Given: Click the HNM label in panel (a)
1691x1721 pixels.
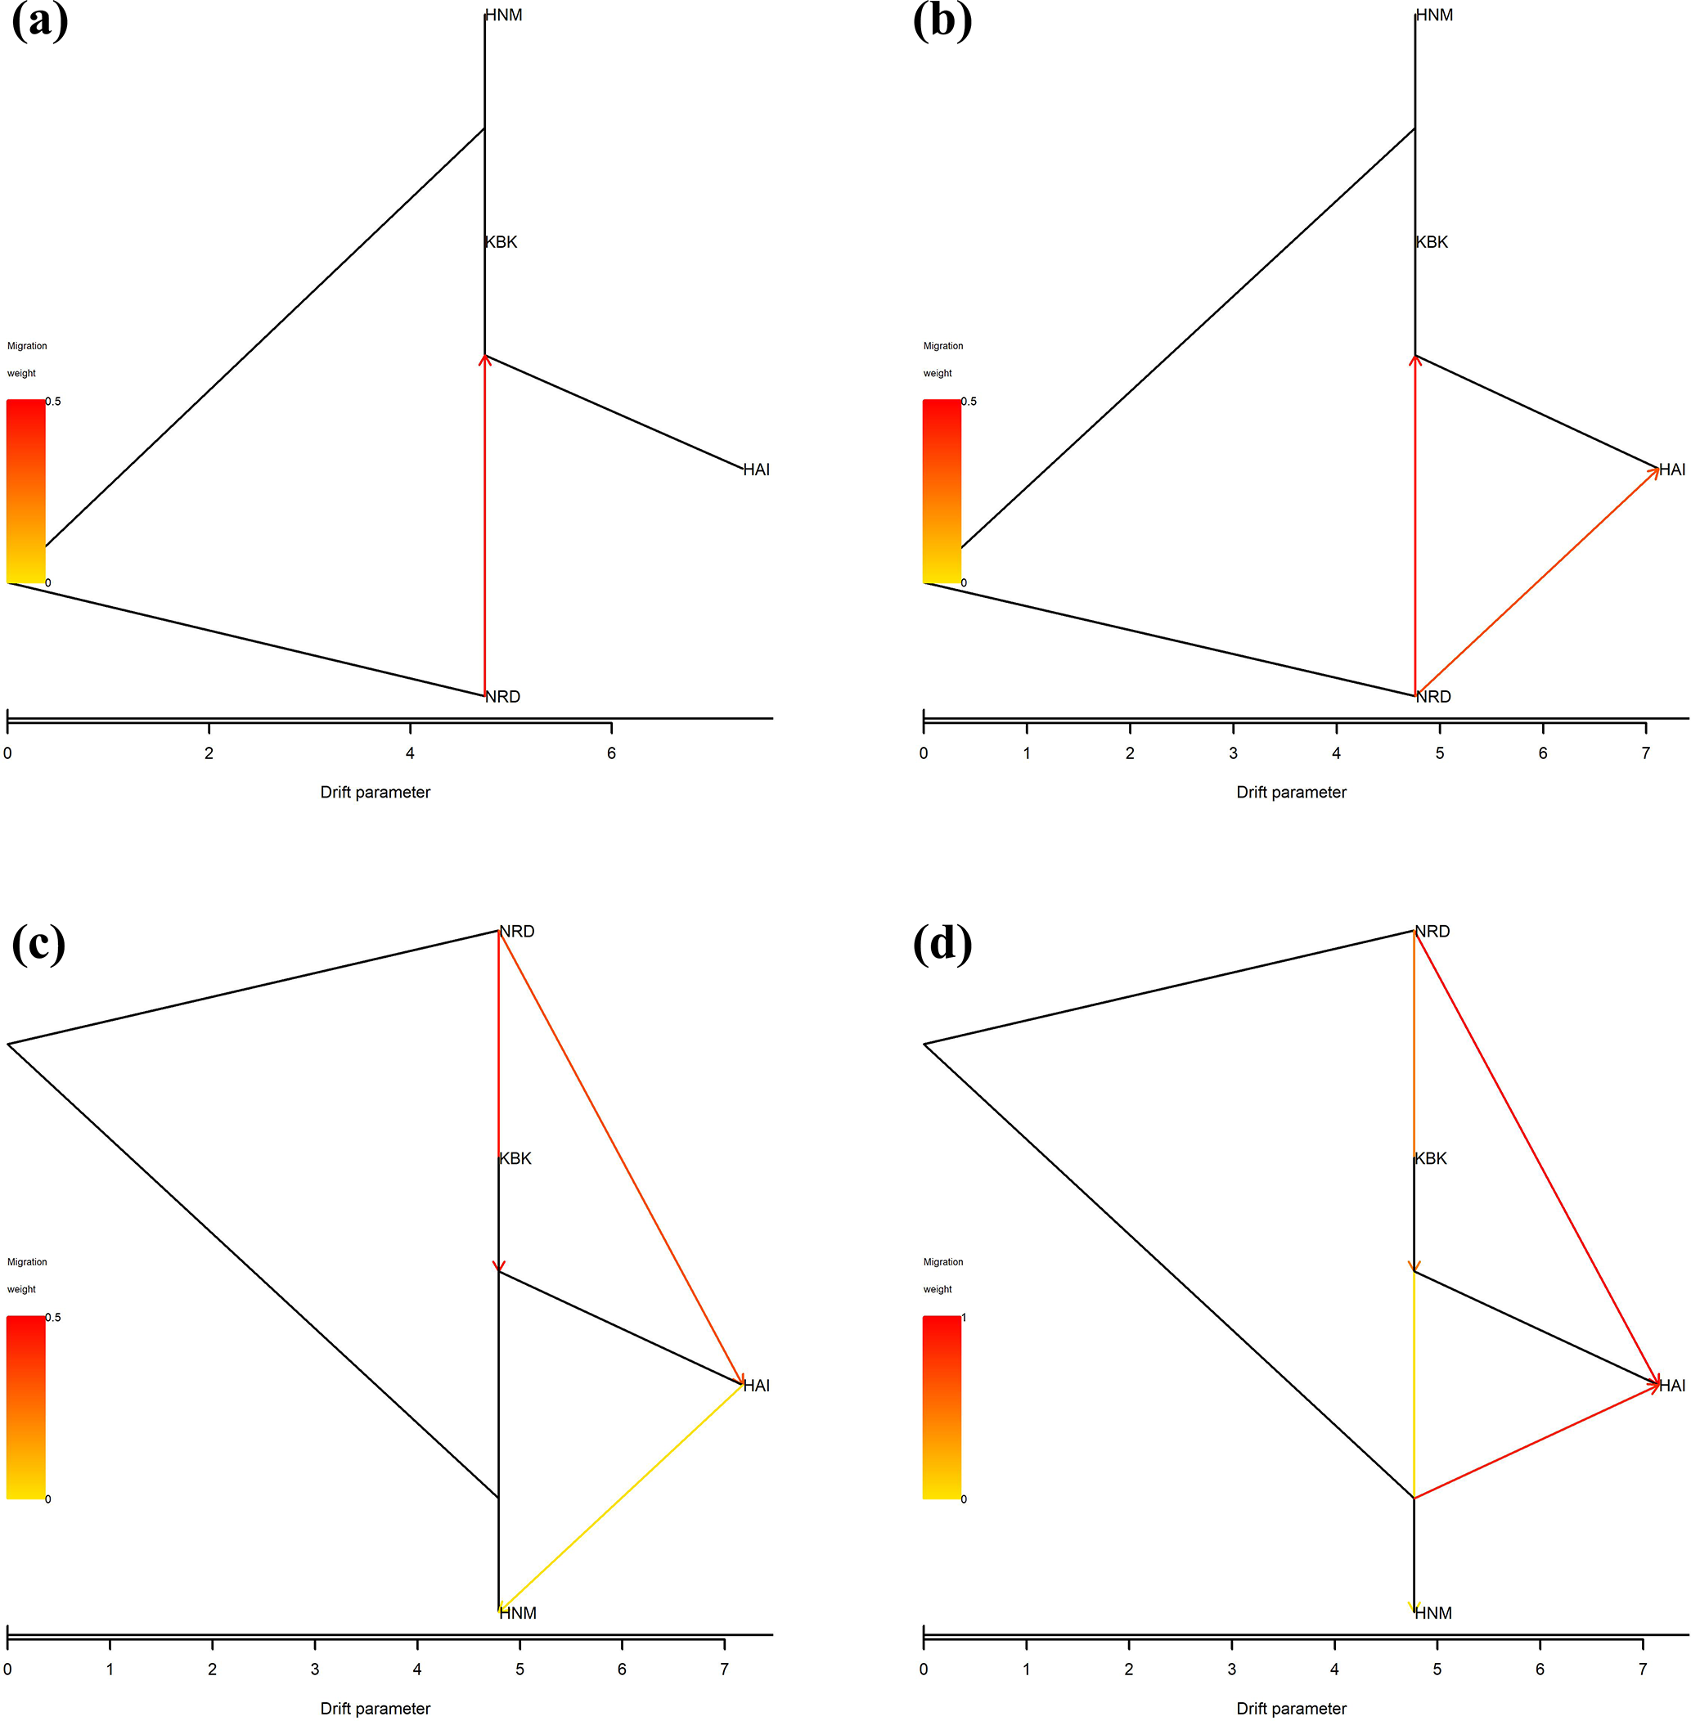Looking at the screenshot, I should click(x=504, y=15).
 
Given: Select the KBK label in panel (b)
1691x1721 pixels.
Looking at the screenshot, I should click(x=1432, y=242).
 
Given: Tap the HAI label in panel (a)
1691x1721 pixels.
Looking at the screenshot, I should click(x=757, y=470).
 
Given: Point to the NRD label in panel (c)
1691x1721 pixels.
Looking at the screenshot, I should click(x=517, y=932).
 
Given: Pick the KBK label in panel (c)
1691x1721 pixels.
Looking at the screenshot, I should click(x=515, y=1159).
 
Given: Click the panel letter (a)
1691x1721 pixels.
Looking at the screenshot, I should click(x=40, y=21).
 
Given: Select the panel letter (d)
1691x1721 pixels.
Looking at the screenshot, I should click(x=942, y=943).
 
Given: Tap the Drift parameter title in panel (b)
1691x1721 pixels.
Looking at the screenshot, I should click(x=1291, y=792).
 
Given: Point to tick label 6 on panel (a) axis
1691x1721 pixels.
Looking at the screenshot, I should click(x=611, y=753).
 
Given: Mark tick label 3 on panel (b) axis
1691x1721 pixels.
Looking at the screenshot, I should click(x=1233, y=753).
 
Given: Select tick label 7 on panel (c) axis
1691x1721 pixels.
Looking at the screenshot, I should click(x=725, y=1669).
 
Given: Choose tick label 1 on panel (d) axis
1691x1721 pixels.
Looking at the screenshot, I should click(x=1027, y=1669).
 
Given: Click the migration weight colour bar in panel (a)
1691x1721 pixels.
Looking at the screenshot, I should click(x=25, y=491).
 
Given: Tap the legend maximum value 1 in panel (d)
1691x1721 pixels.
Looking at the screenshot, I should click(x=964, y=1318).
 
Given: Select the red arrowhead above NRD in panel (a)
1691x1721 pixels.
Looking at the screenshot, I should click(x=485, y=360).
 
